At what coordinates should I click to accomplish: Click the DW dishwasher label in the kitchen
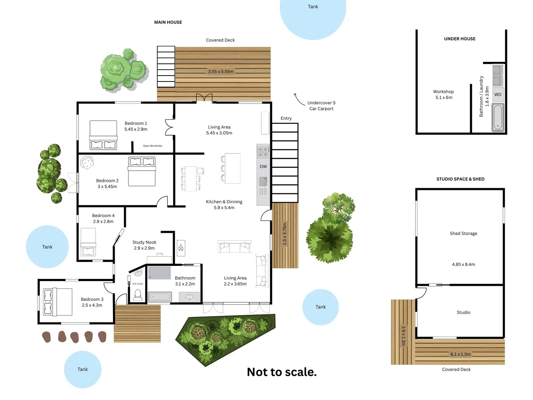(x=263, y=167)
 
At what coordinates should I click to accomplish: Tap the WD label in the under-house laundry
(x=498, y=95)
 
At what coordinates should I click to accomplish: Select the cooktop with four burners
(x=263, y=152)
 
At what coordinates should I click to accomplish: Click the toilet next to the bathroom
(x=138, y=295)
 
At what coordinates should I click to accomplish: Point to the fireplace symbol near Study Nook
(x=181, y=248)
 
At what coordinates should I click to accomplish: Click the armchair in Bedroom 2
(x=87, y=163)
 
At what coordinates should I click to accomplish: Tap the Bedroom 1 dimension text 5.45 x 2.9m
(x=136, y=129)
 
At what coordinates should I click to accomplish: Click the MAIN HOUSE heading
(x=168, y=22)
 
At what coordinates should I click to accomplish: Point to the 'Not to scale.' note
(x=282, y=372)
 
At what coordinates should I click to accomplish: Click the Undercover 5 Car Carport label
(x=321, y=106)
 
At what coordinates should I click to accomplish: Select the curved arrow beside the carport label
(x=298, y=99)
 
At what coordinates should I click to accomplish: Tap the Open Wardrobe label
(x=152, y=146)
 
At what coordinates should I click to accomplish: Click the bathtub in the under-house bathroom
(x=498, y=117)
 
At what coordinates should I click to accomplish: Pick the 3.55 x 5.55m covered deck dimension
(x=221, y=71)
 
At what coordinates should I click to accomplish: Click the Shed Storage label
(x=463, y=233)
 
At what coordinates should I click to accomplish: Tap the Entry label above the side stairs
(x=286, y=119)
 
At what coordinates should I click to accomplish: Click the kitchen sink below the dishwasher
(x=263, y=182)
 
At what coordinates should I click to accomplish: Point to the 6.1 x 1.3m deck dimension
(x=460, y=354)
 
